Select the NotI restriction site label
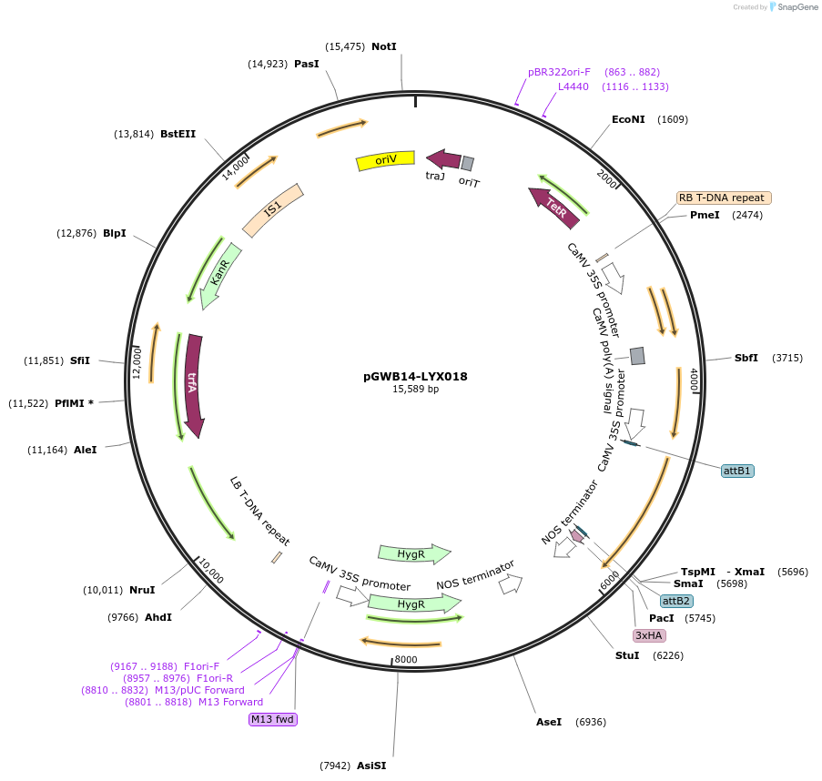pos(384,46)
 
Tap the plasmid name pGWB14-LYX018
pos(415,376)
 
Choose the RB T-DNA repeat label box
pos(724,198)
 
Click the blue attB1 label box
pos(737,471)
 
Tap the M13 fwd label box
pos(273,719)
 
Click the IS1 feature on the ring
pos(272,210)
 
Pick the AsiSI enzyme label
pos(371,766)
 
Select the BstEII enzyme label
pos(178,134)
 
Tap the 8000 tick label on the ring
pos(406,659)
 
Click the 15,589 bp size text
pos(415,389)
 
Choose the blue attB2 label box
pos(676,601)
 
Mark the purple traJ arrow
pos(443,159)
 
